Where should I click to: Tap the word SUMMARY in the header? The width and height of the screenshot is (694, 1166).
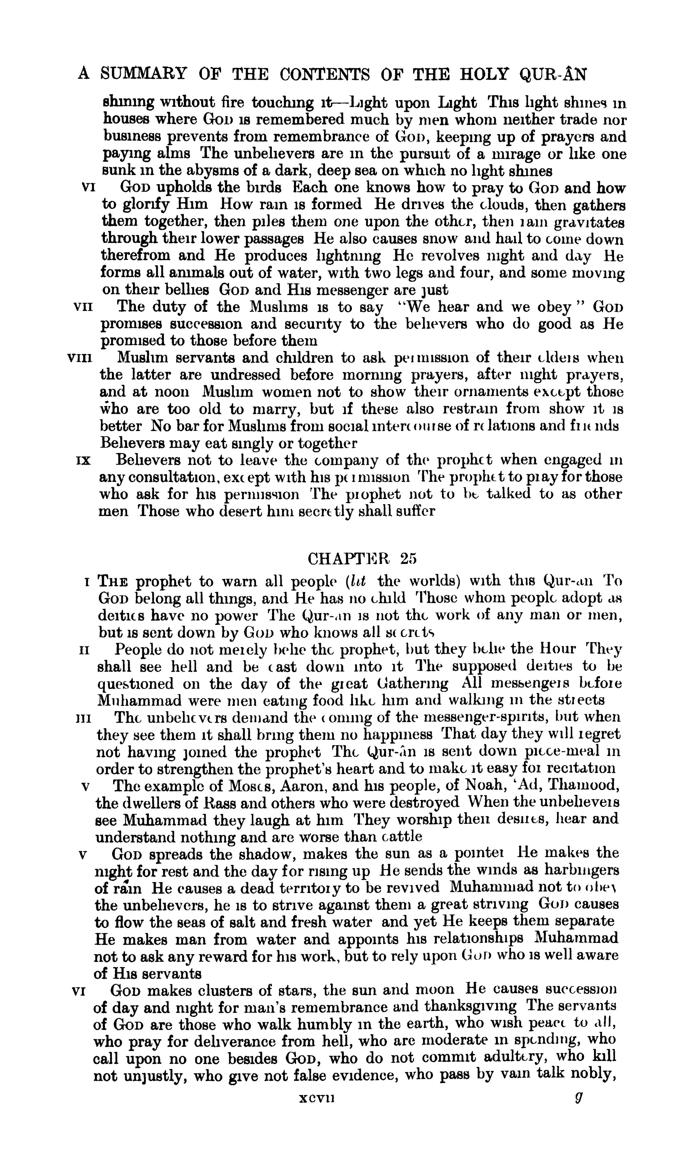pos(144,74)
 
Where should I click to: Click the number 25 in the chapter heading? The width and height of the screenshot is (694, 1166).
pos(408,558)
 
